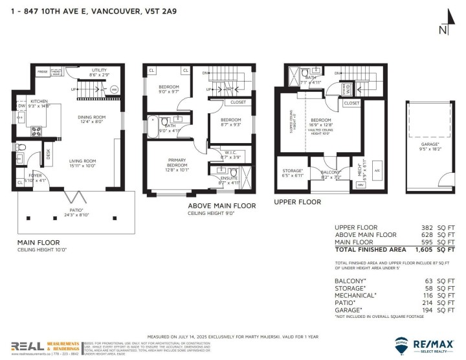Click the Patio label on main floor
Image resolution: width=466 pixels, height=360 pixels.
click(76, 210)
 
